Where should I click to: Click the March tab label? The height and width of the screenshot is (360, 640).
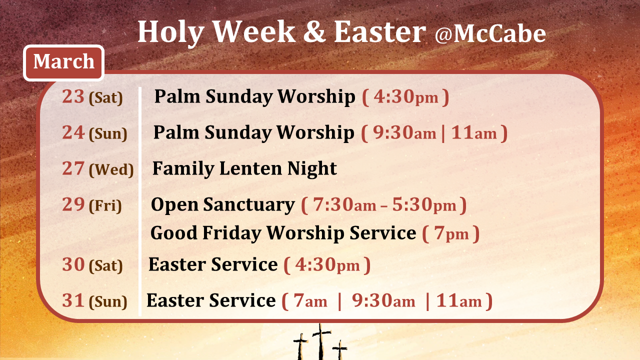[x=63, y=62]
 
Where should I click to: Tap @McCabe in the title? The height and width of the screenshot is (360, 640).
[x=490, y=33]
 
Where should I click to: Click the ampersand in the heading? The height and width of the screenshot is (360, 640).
[x=314, y=32]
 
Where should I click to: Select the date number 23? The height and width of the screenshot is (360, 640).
[x=73, y=96]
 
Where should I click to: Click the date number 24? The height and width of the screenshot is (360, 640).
[x=73, y=132]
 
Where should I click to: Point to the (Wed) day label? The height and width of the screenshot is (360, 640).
[x=111, y=170]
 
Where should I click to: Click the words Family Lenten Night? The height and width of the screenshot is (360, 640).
[x=244, y=168]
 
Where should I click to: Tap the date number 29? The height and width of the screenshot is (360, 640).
[x=73, y=204]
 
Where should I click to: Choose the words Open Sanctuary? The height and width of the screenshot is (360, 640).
[x=222, y=205]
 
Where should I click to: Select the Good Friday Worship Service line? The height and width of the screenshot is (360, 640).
[x=283, y=233]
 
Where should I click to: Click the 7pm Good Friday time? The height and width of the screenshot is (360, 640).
[x=451, y=233]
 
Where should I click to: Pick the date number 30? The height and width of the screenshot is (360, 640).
[x=73, y=264]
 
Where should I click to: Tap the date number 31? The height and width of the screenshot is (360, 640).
[x=73, y=300]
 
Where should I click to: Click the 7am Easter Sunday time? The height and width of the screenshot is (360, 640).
[x=310, y=301]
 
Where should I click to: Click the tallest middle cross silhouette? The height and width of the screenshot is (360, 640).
[x=321, y=342]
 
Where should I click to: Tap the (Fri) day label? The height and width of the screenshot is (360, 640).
[x=105, y=206]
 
